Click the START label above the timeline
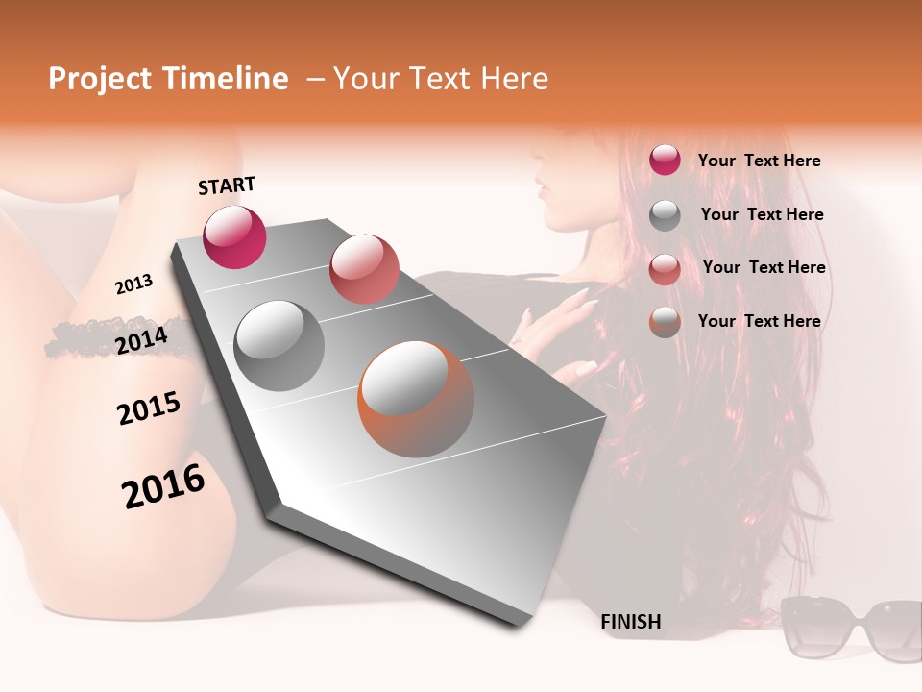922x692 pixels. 227,185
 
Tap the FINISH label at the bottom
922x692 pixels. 630,622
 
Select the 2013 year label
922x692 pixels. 133,284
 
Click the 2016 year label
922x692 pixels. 163,486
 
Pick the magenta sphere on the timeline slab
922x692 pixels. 234,236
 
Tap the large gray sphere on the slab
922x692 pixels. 279,345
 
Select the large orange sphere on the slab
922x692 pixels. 416,399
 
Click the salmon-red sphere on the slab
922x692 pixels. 364,268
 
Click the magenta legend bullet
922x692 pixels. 665,161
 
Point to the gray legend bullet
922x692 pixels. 665,215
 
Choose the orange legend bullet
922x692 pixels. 665,322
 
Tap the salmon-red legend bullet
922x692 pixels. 665,268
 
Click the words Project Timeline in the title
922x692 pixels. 168,79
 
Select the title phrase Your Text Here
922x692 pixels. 441,79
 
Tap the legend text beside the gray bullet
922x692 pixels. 762,214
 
